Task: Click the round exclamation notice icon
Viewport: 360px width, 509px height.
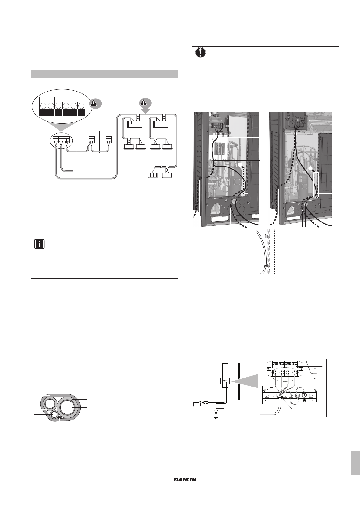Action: coord(199,52)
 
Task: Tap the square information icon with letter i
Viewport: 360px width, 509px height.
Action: coord(39,244)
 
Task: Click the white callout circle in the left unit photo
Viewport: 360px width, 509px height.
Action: coord(241,165)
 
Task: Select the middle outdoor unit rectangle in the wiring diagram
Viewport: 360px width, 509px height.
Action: coord(89,142)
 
